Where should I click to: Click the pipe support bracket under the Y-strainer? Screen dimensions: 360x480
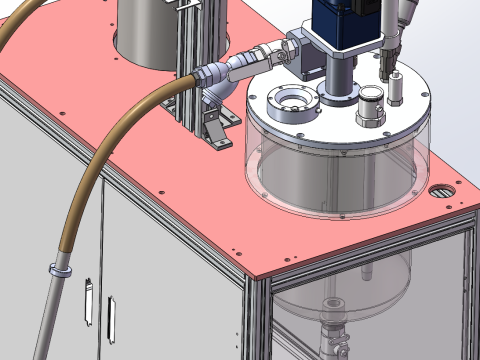(222, 128)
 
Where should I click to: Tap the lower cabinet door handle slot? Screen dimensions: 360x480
(111, 319)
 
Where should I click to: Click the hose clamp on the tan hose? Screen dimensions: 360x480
(58, 270)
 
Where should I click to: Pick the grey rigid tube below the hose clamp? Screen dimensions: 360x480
(46, 320)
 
